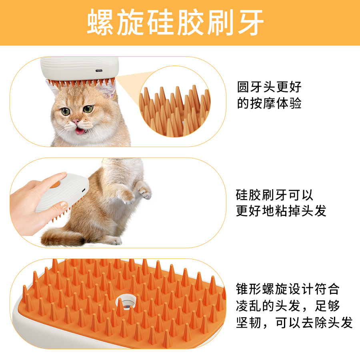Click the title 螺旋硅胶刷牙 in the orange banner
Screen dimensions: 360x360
tap(175, 22)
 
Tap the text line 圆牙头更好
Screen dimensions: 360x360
tap(269, 87)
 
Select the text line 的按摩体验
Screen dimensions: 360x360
tap(269, 103)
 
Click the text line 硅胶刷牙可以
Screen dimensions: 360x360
tap(274, 195)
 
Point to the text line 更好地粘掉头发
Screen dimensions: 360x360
tap(281, 211)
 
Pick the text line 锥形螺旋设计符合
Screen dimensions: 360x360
tap(288, 289)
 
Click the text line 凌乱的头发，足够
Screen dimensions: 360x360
tap(288, 306)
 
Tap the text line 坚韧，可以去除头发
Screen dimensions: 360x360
tap(294, 322)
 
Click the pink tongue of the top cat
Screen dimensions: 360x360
tap(80, 131)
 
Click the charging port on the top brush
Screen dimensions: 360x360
tap(99, 70)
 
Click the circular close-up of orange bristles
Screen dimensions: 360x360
tap(175, 102)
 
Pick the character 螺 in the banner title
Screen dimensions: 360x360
tap(100, 22)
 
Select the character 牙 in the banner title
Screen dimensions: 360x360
tap(250, 22)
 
